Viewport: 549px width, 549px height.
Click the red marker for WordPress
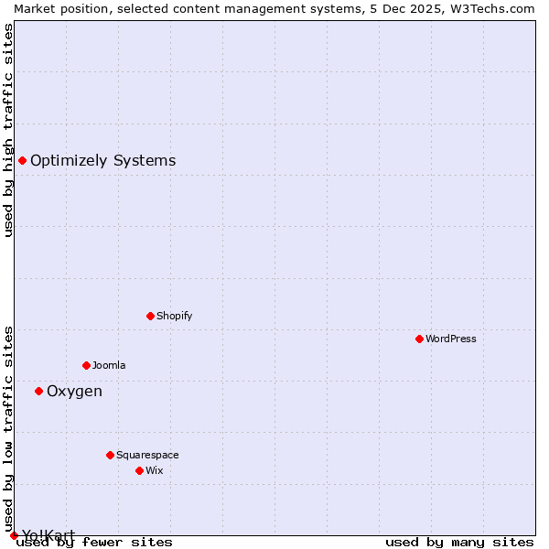click(419, 339)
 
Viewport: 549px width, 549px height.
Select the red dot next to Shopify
click(150, 316)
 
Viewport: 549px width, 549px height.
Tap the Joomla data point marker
click(86, 365)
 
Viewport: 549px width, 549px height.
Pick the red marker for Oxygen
click(38, 391)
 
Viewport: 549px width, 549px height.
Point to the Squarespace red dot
click(110, 455)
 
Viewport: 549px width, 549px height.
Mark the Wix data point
click(139, 470)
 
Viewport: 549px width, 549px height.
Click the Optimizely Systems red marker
click(22, 160)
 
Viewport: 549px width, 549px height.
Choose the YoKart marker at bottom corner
click(14, 535)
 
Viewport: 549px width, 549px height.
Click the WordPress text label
click(451, 339)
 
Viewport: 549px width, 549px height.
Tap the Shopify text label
click(174, 316)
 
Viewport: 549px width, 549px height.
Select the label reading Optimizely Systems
click(102, 160)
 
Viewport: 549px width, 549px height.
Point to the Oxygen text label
click(74, 391)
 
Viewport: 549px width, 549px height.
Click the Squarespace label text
click(147, 455)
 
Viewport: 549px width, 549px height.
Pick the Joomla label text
click(109, 365)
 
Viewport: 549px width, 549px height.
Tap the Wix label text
click(155, 470)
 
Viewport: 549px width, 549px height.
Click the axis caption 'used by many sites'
click(459, 542)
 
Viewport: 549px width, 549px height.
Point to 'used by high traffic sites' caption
click(8, 130)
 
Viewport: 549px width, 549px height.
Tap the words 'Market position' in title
click(57, 8)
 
